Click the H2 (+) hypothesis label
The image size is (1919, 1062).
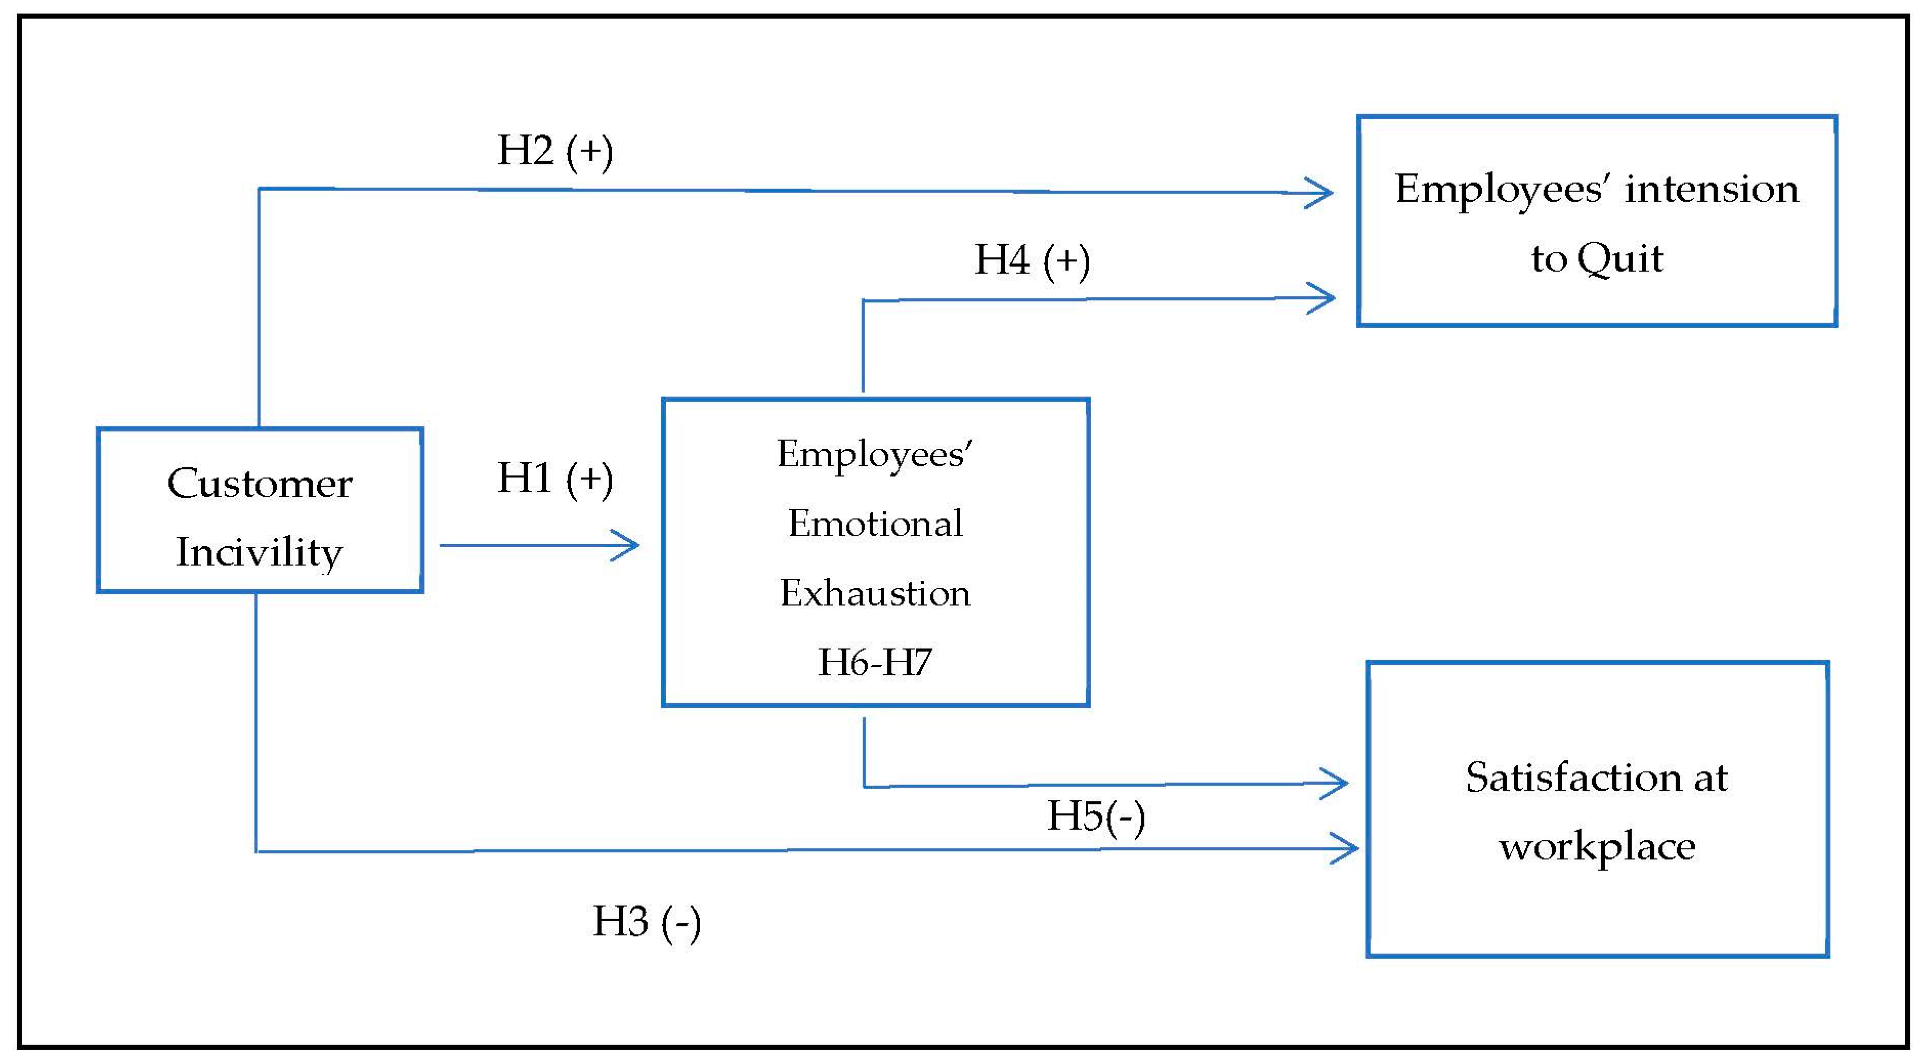(x=555, y=151)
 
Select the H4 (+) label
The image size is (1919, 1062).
(x=1032, y=261)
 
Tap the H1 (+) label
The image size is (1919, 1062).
(x=555, y=479)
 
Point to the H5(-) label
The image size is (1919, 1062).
(x=1096, y=816)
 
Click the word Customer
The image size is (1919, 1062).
(x=259, y=484)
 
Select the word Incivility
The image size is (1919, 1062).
(x=259, y=553)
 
